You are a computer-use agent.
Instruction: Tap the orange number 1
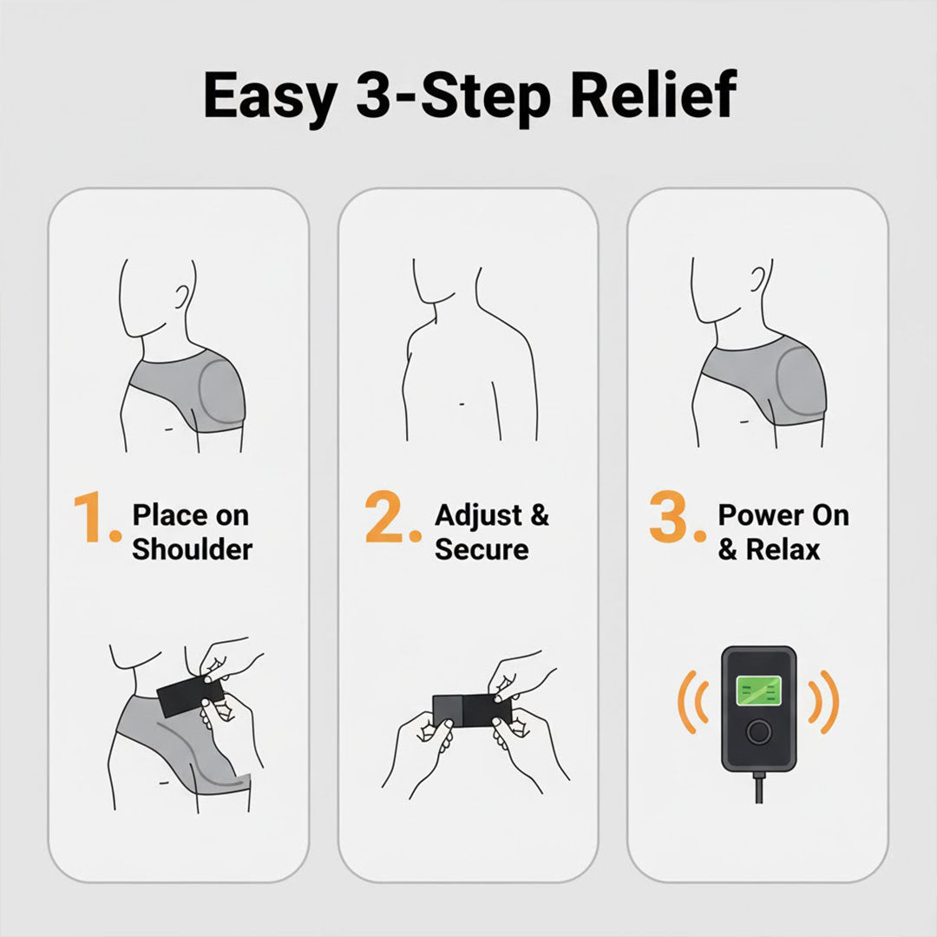coord(95,518)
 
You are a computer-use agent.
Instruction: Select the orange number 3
coord(674,518)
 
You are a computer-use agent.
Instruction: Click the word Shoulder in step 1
coord(192,549)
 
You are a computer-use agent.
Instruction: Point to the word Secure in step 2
coord(482,549)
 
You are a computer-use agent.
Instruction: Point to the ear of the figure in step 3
coord(761,279)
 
